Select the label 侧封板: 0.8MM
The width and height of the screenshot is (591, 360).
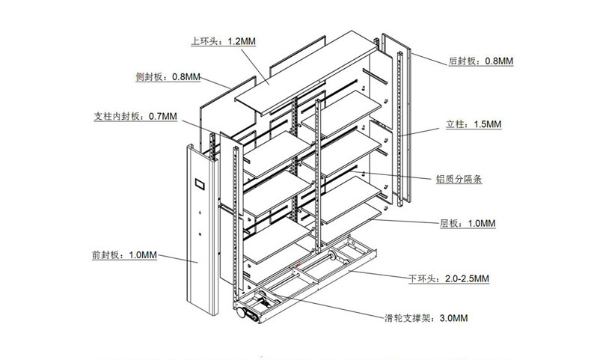pyautogui.click(x=168, y=76)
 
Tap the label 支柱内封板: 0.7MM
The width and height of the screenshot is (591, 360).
pyautogui.click(x=135, y=116)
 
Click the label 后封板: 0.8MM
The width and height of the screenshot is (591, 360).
pyautogui.click(x=480, y=60)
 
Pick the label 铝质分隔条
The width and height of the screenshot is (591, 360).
pyautogui.click(x=458, y=179)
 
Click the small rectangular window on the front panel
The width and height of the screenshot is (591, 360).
pyautogui.click(x=200, y=183)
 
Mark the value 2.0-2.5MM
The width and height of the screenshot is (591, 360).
pyautogui.click(x=465, y=278)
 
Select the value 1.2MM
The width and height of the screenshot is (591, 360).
pyautogui.click(x=241, y=42)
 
